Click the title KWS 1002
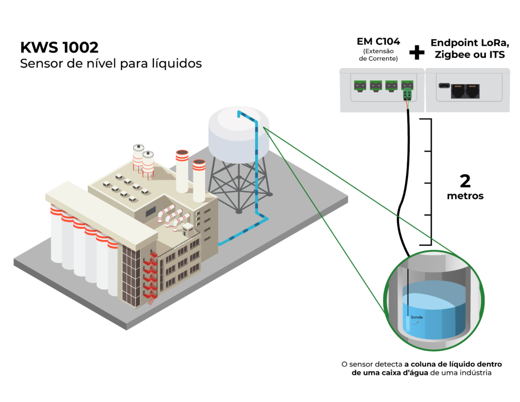point(59,47)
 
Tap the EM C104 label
point(378,42)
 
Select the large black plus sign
point(417,51)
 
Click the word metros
point(465,196)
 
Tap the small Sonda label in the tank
point(416,317)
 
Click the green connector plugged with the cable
point(407,94)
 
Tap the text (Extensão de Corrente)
point(378,55)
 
